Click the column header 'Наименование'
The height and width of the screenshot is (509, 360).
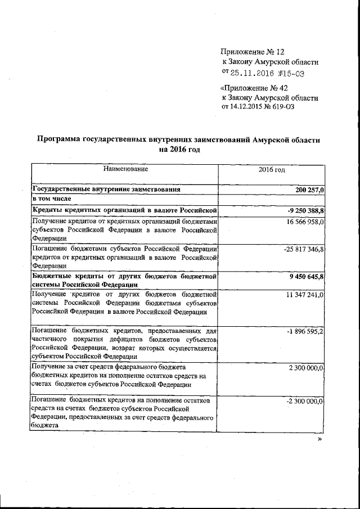pos(125,169)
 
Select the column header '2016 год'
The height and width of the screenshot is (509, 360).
pos(272,169)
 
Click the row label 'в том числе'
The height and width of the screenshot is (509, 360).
pos(52,200)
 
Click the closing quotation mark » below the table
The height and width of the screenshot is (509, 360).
pos(320,439)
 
